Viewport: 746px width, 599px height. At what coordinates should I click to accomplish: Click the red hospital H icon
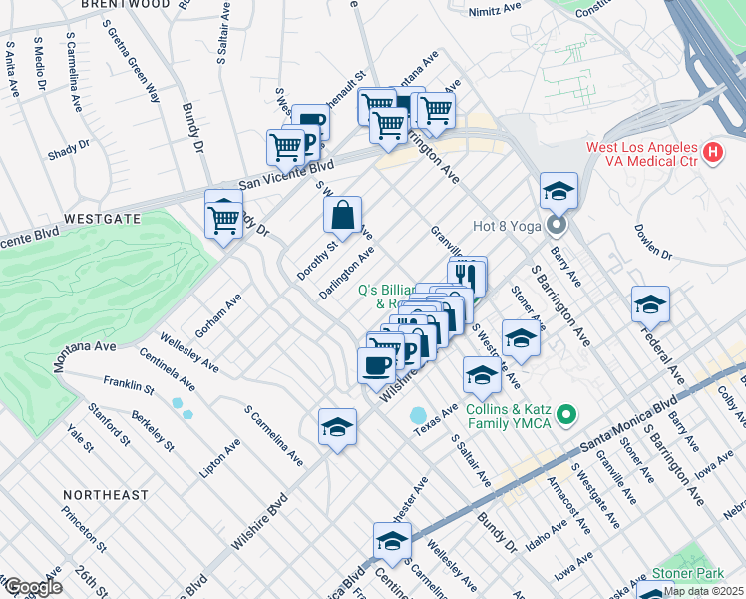pos(712,153)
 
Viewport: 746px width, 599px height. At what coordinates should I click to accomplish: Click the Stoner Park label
pos(687,574)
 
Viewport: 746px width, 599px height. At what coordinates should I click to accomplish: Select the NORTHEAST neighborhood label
pos(105,495)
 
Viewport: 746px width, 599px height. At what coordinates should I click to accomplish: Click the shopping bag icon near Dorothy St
pos(342,215)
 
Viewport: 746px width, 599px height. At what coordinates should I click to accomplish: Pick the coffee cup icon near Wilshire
pos(376,365)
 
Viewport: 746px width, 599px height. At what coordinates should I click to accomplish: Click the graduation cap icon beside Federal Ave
pos(650,303)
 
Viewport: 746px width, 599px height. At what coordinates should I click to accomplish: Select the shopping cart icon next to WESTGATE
pos(223,215)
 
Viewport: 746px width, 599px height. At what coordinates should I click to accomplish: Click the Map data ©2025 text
pos(703,591)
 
